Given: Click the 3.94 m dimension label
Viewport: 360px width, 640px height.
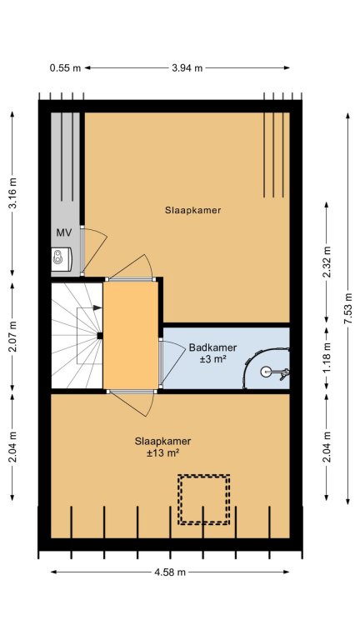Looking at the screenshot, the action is click(187, 68).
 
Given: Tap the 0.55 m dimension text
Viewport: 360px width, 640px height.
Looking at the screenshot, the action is click(65, 68).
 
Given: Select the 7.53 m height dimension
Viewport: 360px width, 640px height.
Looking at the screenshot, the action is click(347, 308).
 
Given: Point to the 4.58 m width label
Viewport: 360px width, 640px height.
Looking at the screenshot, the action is click(170, 572).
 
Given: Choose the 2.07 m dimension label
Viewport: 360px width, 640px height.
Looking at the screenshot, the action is click(12, 337).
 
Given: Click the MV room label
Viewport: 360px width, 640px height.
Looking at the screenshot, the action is click(64, 233).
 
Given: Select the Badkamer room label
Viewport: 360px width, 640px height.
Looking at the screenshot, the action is click(212, 347).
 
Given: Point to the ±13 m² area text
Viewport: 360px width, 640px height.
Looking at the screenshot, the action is click(163, 453).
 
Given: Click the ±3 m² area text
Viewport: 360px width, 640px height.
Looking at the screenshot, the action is click(212, 359).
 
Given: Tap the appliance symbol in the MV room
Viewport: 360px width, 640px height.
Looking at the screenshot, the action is click(62, 258).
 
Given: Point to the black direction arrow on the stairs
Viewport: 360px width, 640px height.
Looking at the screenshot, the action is click(97, 307).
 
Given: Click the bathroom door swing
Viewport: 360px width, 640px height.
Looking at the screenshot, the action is click(174, 362).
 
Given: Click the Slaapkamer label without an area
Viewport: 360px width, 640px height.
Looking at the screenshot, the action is click(193, 210).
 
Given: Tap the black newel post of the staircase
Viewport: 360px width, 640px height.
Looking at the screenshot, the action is click(100, 336).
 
